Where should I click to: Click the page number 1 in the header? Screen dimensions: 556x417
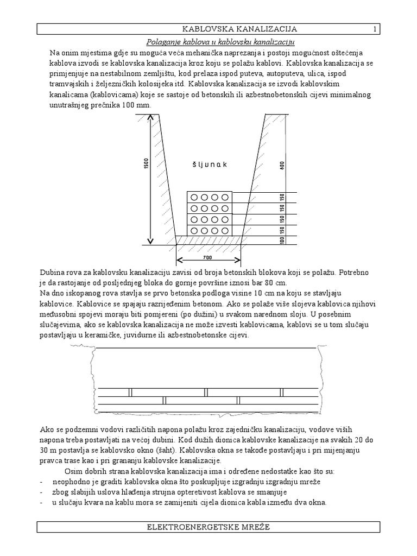(x=375, y=29)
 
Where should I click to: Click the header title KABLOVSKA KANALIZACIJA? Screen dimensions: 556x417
(x=239, y=29)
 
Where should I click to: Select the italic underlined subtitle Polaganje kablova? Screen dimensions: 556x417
(x=222, y=42)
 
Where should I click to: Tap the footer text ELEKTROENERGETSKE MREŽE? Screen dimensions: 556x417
(x=208, y=527)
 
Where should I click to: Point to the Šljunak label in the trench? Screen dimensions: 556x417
(x=209, y=165)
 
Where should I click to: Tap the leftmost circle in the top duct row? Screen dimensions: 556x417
(x=193, y=197)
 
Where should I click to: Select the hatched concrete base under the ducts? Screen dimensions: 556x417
(x=209, y=240)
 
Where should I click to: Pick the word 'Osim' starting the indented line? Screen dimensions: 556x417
(x=74, y=471)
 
